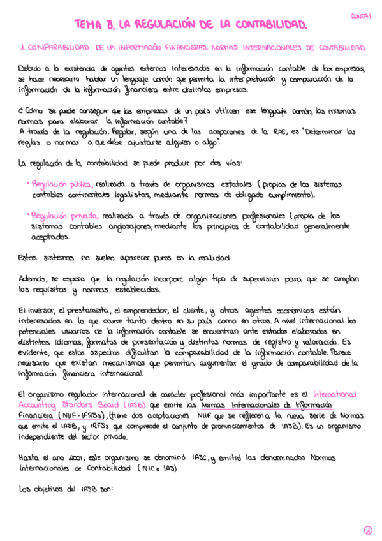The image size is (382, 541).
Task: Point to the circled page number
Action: tap(368, 530)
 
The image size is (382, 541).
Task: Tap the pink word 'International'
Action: tap(334, 394)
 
